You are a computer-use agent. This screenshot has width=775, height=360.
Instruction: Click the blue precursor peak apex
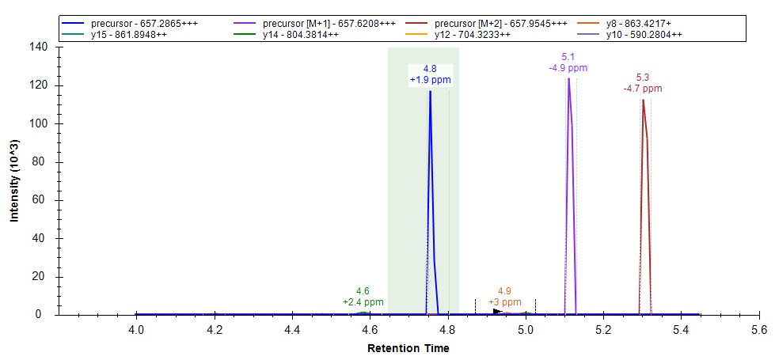point(430,92)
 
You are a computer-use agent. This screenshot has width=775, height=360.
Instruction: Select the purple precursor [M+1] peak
point(568,79)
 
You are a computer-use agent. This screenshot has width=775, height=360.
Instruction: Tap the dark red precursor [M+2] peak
point(643,100)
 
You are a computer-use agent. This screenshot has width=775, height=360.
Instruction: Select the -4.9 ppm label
point(568,68)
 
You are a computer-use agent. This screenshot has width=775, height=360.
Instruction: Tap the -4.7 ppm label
point(643,89)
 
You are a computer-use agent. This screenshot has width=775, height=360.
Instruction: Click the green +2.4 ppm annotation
point(363,302)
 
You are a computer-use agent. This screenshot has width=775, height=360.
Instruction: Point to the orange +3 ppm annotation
point(504,302)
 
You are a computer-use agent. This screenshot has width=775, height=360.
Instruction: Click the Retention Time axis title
point(408,348)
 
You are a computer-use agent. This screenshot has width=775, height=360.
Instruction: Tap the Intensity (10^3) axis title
point(14,181)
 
